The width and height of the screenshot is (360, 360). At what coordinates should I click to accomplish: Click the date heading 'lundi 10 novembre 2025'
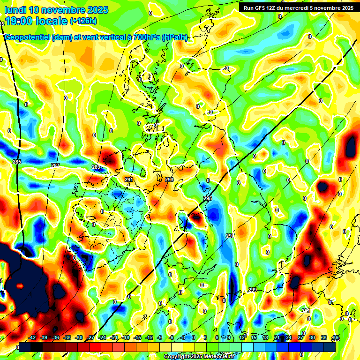(x=56, y=10)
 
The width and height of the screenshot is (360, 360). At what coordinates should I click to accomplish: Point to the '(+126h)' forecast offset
(x=83, y=21)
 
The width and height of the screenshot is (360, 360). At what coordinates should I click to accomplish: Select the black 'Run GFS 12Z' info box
(x=297, y=7)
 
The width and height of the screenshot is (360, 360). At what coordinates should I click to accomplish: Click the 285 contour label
(x=17, y=162)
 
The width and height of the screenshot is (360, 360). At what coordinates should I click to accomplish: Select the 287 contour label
(x=55, y=165)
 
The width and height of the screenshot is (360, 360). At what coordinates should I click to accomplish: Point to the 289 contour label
(x=96, y=167)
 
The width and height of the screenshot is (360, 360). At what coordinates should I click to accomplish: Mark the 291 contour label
(x=129, y=180)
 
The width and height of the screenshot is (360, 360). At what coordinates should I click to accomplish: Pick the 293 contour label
(x=169, y=180)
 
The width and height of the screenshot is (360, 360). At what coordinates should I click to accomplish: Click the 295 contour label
(x=208, y=199)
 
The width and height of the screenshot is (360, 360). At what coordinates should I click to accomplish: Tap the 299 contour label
(x=253, y=290)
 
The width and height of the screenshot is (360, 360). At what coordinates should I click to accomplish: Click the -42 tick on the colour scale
(x=32, y=337)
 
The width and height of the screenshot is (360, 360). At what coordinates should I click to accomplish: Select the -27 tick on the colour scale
(x=91, y=337)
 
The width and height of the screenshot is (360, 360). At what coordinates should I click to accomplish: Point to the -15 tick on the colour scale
(x=138, y=337)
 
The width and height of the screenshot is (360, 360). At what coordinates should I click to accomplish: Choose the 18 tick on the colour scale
(x=265, y=337)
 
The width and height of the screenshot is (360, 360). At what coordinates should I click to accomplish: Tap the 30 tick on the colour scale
(x=312, y=337)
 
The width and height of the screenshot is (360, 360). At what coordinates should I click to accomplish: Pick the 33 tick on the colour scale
(x=324, y=337)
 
